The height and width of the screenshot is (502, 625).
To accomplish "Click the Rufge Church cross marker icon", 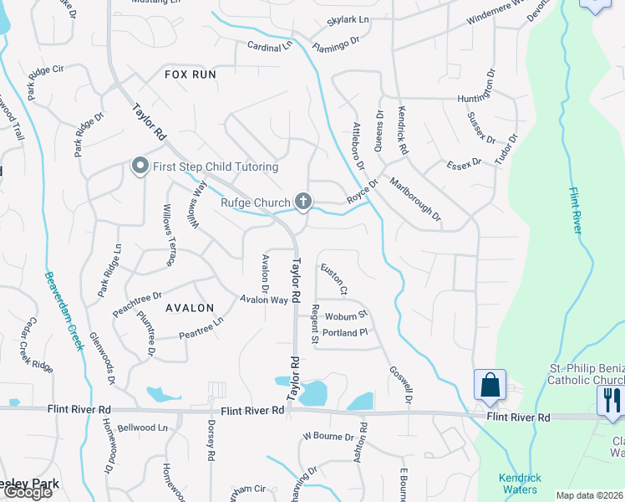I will pyautogui.click(x=303, y=202).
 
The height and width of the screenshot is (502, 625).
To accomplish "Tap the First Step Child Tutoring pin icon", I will pyautogui.click(x=140, y=166).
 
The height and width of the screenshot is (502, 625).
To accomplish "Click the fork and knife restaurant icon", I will pyautogui.click(x=611, y=399).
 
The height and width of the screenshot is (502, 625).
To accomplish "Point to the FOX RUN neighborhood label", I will pyautogui.click(x=191, y=74).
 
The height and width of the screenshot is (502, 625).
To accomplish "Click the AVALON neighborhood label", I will pyautogui.click(x=190, y=308).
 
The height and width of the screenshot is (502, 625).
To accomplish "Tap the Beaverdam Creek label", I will pyautogui.click(x=65, y=310).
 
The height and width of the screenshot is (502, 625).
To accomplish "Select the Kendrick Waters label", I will pyautogui.click(x=520, y=484).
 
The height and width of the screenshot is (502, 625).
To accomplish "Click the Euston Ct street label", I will pyautogui.click(x=333, y=279).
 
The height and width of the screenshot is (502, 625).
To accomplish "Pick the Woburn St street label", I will pyautogui.click(x=346, y=316).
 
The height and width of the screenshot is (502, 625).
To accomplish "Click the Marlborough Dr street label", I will pyautogui.click(x=415, y=202).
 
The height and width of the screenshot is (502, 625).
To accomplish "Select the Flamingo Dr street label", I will pyautogui.click(x=335, y=42).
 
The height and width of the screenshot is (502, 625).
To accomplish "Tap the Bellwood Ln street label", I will pyautogui.click(x=143, y=428).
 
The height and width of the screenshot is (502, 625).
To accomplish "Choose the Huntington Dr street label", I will pyautogui.click(x=482, y=98).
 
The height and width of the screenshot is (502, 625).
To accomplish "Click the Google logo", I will pyautogui.click(x=28, y=492).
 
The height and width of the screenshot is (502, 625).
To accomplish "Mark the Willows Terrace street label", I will pyautogui.click(x=170, y=235).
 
